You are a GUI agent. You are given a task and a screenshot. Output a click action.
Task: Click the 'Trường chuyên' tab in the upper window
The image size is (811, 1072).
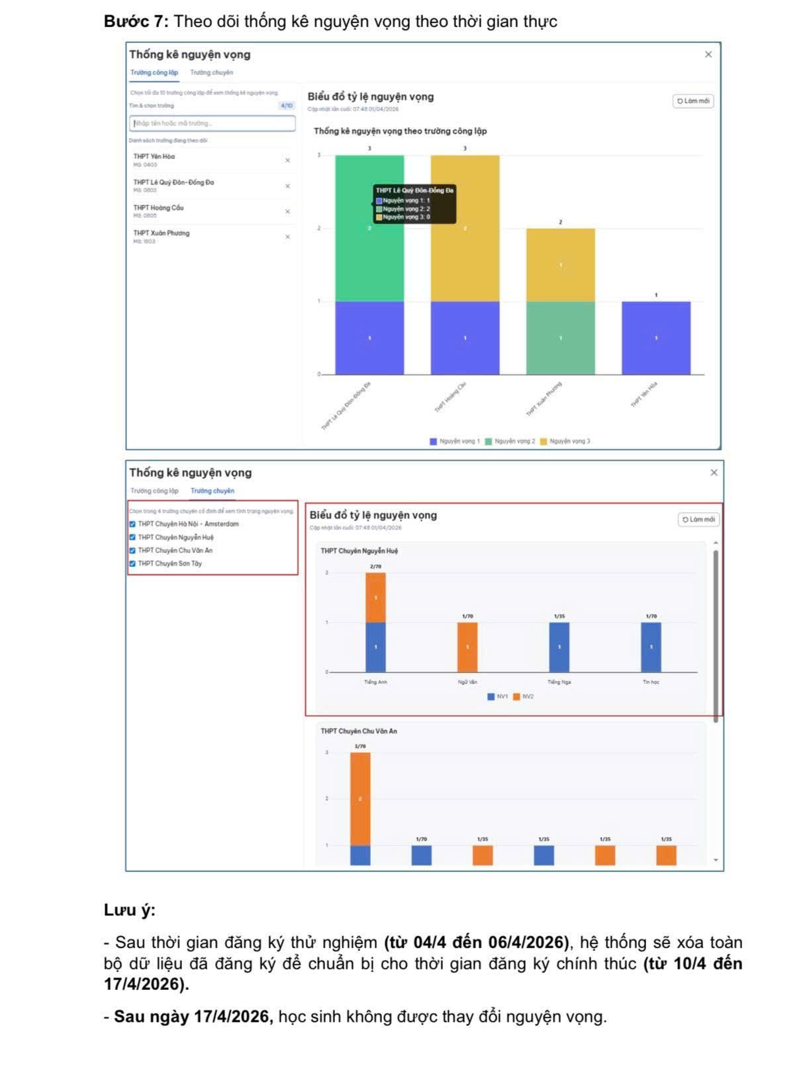point(211,73)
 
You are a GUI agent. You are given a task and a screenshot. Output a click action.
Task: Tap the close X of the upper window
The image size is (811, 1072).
point(708,54)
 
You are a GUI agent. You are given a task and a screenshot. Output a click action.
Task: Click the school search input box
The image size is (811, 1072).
point(212,123)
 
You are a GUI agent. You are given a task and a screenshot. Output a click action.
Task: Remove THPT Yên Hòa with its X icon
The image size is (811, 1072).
point(287,160)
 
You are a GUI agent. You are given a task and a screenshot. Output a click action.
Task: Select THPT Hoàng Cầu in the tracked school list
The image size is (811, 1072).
point(159,208)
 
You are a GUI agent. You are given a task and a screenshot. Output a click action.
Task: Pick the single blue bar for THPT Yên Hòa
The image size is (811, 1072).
point(655,338)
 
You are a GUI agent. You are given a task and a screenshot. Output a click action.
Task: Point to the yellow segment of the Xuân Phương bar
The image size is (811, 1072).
point(560,265)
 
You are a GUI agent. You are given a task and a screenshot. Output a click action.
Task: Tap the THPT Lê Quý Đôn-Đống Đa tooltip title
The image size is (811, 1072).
point(414,191)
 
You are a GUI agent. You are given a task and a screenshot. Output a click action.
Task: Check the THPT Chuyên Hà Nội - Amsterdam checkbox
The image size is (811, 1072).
point(132,524)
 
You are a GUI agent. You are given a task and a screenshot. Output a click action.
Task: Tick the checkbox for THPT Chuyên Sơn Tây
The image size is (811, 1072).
point(132,563)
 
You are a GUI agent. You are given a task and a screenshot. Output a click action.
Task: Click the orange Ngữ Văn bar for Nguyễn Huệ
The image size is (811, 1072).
point(467,647)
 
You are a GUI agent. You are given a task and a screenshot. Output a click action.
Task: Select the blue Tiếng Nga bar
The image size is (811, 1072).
point(559,647)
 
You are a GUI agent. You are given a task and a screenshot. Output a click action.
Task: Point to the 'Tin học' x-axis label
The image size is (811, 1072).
point(651,682)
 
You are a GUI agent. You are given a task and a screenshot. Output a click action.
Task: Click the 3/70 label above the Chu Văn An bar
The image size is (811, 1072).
point(360,746)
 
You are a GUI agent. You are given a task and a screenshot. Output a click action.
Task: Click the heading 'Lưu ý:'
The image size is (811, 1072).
point(130,910)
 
